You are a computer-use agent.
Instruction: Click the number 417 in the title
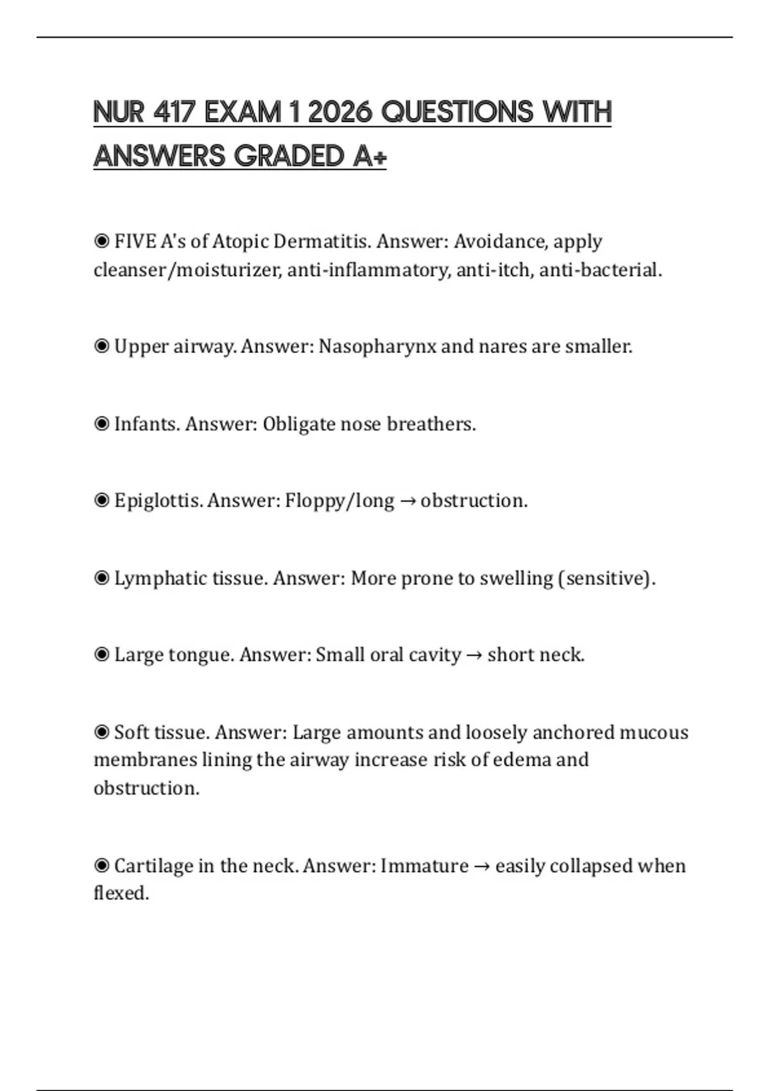tap(174, 112)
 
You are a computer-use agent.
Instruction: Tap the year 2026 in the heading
tap(339, 112)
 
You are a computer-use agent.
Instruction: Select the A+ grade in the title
tap(370, 156)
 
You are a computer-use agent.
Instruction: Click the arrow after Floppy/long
tap(407, 501)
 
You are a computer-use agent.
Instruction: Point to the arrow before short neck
tap(474, 655)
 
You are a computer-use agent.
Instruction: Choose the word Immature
tap(424, 866)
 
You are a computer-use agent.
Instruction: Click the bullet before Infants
tap(101, 424)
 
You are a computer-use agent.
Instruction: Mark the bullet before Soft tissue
tap(101, 732)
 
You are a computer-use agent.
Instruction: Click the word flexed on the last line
tap(121, 893)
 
